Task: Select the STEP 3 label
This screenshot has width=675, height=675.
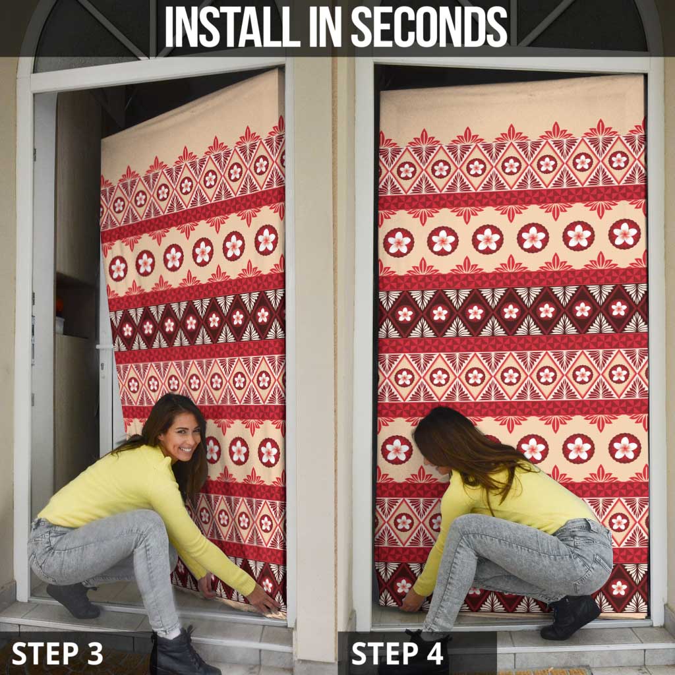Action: pos(57,653)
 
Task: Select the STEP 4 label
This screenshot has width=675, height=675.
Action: pos(397,653)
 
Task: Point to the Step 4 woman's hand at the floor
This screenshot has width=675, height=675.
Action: pos(411,601)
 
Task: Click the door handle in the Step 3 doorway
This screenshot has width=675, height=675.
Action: pos(105,347)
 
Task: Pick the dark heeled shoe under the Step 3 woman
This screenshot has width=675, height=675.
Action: pos(73,600)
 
